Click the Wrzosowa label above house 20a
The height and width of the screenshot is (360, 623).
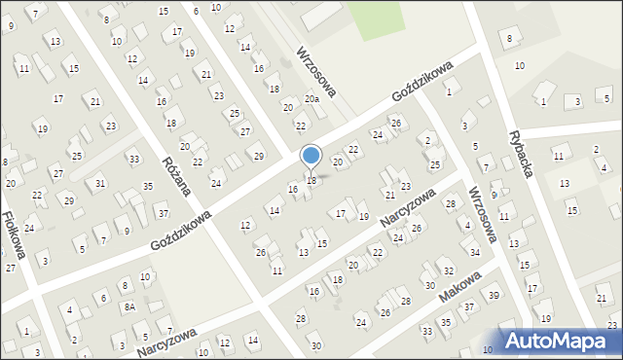click(x=316, y=71)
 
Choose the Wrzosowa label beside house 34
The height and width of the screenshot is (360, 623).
click(x=482, y=214)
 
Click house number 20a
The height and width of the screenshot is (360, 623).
click(x=311, y=99)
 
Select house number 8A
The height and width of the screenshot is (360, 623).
click(x=128, y=306)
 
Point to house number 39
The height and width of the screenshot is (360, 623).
click(x=494, y=296)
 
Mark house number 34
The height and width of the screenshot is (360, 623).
click(x=474, y=252)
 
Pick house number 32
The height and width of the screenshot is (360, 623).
click(x=448, y=270)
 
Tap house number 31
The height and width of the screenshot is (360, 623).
click(x=100, y=184)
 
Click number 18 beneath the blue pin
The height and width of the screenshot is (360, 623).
click(x=311, y=181)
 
